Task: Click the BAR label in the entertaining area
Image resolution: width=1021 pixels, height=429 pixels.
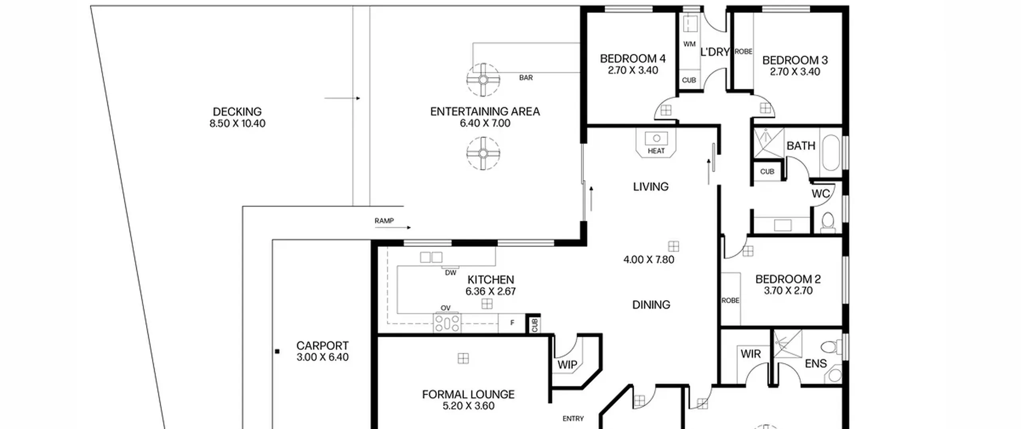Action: coord(526,78)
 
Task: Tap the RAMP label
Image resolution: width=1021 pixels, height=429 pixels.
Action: coord(384,221)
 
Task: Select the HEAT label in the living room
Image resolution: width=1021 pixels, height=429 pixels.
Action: coord(656,151)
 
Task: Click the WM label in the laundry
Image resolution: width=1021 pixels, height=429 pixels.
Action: coord(689,44)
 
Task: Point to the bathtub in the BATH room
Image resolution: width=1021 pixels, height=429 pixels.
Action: coord(831,153)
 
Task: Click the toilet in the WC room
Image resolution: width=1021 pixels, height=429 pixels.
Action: coord(828,222)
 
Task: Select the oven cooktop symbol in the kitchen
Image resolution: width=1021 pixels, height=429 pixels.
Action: coord(447,323)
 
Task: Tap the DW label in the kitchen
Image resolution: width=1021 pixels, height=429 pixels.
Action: coord(450,273)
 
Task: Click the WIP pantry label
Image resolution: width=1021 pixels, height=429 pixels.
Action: coord(567,365)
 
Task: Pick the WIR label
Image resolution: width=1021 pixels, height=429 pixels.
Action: coord(751,354)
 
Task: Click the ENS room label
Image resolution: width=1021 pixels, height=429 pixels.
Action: coord(816,364)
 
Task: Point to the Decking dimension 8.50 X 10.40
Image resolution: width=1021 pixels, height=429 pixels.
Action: coord(237,124)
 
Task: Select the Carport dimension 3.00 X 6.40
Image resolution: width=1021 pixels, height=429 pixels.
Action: coord(322,357)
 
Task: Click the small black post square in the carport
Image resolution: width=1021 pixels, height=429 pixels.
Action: coord(277,352)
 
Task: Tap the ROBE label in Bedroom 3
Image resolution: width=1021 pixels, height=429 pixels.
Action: coord(743,51)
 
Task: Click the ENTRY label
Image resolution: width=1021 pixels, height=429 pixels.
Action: coord(573,419)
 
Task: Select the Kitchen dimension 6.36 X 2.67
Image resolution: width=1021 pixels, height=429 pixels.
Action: coord(491,292)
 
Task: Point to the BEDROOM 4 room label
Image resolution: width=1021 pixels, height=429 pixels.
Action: coord(633,59)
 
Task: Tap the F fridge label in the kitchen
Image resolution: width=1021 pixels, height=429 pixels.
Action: coord(512,323)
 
